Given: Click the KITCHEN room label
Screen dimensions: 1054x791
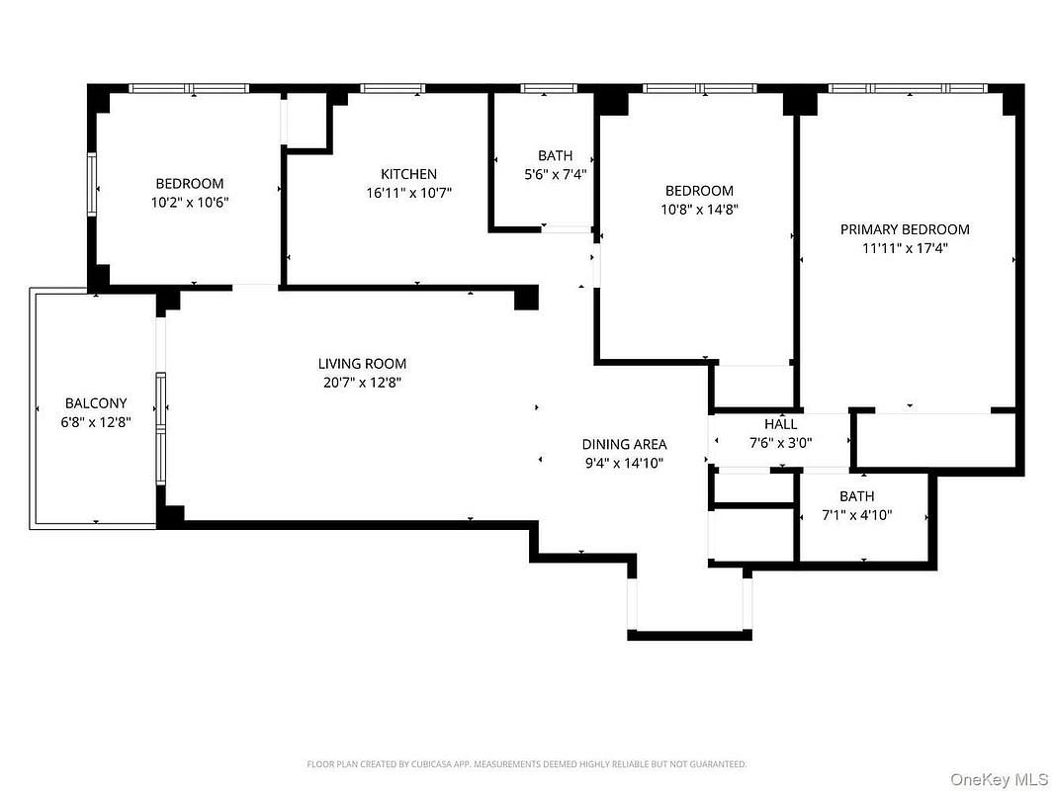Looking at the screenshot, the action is click(x=408, y=174).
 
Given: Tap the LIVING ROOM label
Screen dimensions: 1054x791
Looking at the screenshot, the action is click(x=362, y=364).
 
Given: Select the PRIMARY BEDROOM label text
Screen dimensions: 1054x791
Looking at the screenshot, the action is click(x=905, y=229).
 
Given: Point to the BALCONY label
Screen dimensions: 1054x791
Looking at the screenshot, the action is click(x=96, y=403).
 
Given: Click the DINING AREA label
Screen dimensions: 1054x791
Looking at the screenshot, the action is click(x=625, y=444).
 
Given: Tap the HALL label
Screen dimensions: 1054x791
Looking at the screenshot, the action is click(x=780, y=424).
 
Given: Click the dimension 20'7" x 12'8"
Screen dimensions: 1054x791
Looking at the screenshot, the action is click(x=362, y=383).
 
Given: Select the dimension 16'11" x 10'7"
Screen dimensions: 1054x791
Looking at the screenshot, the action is click(x=408, y=193).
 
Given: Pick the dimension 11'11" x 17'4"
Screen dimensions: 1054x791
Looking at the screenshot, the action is click(x=905, y=248).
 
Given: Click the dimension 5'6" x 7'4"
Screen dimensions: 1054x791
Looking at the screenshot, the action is click(x=556, y=175).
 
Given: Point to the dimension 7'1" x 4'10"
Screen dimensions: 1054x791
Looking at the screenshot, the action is click(x=857, y=515).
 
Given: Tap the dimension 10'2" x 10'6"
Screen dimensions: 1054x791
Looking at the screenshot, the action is click(x=190, y=203).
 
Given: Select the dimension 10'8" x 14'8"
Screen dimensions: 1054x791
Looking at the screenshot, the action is click(x=699, y=209).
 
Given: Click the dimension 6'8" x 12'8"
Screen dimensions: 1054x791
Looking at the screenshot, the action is click(x=96, y=422).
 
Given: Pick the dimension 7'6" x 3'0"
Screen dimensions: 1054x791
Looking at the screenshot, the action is click(x=780, y=443).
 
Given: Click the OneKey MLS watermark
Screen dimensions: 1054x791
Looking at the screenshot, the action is click(x=999, y=779).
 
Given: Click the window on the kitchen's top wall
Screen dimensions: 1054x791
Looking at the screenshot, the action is click(x=393, y=88).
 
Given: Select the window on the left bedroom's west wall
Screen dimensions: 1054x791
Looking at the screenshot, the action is click(x=92, y=185).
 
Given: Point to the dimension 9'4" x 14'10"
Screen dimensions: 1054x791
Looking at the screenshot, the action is click(x=625, y=463).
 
